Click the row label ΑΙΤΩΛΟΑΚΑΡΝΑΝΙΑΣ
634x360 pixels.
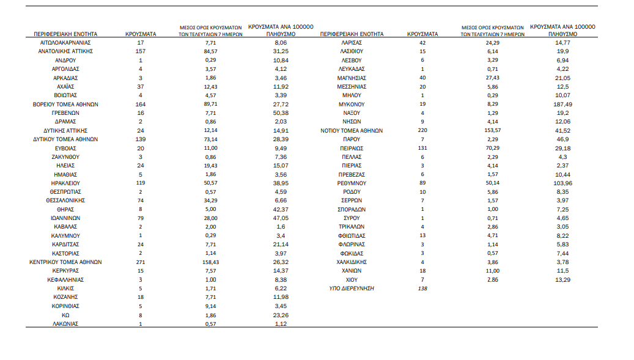(x=65, y=43)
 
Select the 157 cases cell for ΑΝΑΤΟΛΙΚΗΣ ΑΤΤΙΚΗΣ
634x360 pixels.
(x=141, y=52)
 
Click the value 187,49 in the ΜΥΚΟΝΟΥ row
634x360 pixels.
(x=562, y=105)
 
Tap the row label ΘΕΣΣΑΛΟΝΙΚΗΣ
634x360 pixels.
(x=65, y=200)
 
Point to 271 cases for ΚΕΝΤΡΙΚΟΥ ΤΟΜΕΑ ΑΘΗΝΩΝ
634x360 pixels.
(x=141, y=262)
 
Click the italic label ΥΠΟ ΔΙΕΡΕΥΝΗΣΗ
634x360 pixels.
(x=352, y=288)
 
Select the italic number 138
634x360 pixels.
(x=422, y=288)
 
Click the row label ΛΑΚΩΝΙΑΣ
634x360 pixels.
(x=65, y=323)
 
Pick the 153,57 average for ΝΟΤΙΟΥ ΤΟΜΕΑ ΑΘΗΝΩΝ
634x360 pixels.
(x=493, y=131)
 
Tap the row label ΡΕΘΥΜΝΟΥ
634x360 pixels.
(x=352, y=183)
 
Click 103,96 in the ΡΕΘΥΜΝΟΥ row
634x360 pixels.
(x=562, y=183)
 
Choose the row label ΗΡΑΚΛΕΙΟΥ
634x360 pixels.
(x=65, y=183)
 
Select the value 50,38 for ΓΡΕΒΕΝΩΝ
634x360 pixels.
(x=281, y=113)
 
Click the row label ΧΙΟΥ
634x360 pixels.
(x=352, y=279)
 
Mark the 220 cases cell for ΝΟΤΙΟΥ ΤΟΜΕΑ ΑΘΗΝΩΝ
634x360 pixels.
(x=422, y=131)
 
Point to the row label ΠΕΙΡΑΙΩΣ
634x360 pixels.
(x=352, y=148)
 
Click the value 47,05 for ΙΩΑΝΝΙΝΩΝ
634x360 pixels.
(x=281, y=218)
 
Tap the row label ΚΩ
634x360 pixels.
(x=65, y=314)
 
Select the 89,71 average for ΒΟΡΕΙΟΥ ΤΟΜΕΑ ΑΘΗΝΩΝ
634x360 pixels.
(x=211, y=105)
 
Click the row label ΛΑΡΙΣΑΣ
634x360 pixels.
(x=352, y=43)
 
